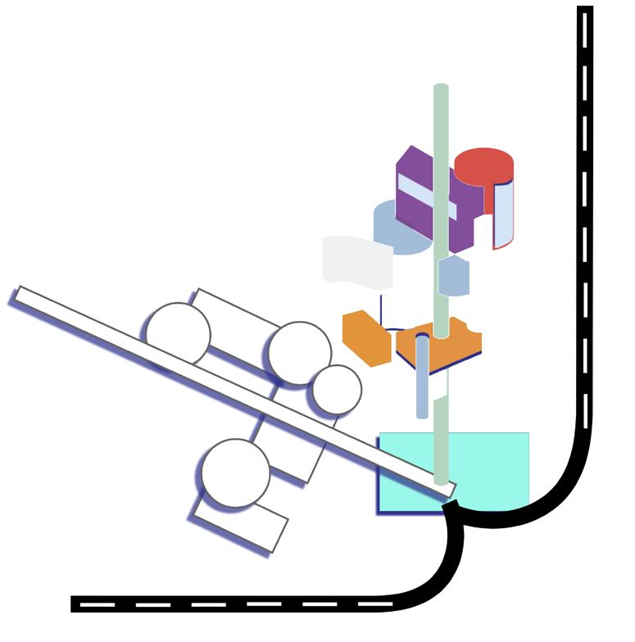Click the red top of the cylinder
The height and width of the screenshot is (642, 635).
pos(483,164)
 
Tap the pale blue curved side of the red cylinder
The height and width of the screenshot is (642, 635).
pos(503,215)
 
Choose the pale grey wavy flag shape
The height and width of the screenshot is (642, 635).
pos(356,262)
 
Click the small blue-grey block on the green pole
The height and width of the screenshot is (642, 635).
pos(452,276)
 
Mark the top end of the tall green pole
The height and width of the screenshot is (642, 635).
pos(441,88)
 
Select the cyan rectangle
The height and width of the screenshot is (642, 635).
pos(492,467)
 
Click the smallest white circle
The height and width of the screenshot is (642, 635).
pos(337,389)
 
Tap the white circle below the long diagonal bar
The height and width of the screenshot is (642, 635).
pos(236,472)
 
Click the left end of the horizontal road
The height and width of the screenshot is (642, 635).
pos(76,604)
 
